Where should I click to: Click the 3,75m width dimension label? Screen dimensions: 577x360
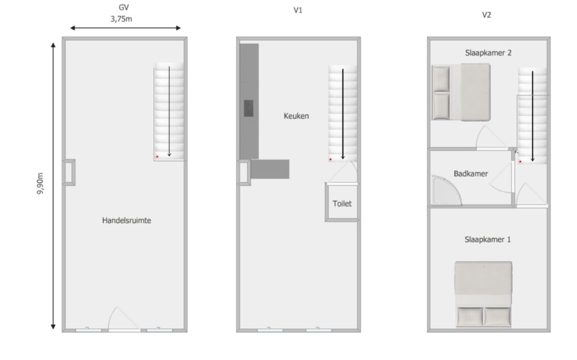(x=121, y=19)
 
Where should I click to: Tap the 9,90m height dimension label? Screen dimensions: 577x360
(x=40, y=183)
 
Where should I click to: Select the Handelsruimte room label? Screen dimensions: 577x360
(x=127, y=220)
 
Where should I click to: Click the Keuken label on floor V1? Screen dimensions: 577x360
(x=296, y=116)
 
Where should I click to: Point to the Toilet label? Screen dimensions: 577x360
(x=342, y=203)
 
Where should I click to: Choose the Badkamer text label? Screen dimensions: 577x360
(x=471, y=174)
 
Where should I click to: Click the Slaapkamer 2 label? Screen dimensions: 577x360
(x=489, y=52)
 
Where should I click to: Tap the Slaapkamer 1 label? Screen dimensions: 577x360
(x=487, y=239)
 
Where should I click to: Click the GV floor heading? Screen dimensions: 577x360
(x=123, y=7)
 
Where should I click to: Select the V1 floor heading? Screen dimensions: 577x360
(x=298, y=10)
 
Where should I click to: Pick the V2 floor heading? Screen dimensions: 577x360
(x=486, y=15)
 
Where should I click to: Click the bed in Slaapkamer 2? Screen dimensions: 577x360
(x=461, y=92)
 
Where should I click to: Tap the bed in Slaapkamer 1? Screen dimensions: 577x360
(x=483, y=294)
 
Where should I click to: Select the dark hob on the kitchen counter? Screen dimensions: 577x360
(x=248, y=108)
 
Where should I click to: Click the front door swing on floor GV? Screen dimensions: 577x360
(x=123, y=319)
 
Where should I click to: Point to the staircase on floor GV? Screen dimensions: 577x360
(x=169, y=112)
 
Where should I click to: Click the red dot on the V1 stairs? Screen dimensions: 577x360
(x=330, y=159)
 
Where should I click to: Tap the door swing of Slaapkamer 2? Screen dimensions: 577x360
(x=491, y=137)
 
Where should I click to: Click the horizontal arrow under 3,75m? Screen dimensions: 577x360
(x=125, y=28)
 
